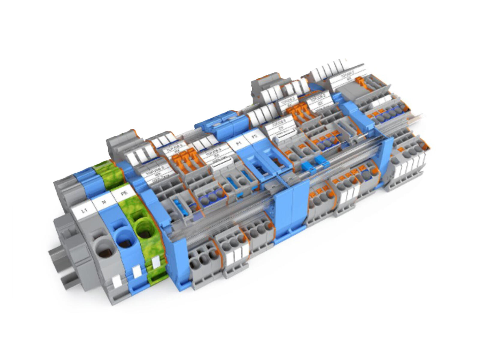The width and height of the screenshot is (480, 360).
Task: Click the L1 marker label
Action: (x=85, y=210)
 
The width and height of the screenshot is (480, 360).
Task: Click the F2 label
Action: (x=254, y=137)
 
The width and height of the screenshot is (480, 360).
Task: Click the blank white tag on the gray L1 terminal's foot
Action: (x=115, y=281)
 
